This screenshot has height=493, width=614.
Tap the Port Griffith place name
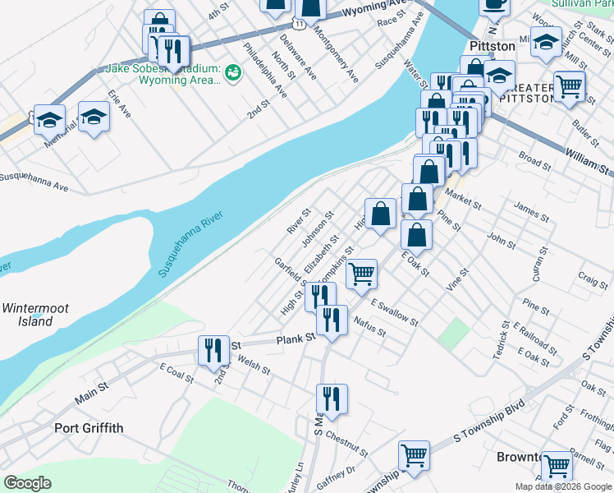click(x=89, y=427)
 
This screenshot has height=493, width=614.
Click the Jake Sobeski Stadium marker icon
click(x=233, y=72)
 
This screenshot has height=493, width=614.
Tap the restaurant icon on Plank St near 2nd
click(x=213, y=350)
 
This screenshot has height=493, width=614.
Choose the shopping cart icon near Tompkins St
click(x=361, y=274)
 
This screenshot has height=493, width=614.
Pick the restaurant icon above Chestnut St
click(x=332, y=399)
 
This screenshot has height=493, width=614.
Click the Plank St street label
click(x=296, y=339)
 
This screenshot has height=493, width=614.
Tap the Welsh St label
click(x=253, y=364)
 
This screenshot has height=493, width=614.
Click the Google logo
click(x=29, y=483)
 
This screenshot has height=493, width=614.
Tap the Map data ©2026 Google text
click(x=563, y=486)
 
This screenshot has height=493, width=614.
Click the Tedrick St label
click(x=502, y=339)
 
